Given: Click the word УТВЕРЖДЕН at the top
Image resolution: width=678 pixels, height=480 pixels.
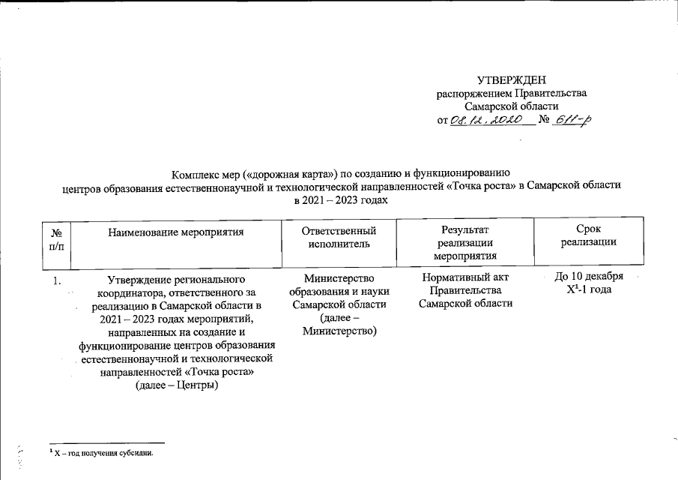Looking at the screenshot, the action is click(512, 79).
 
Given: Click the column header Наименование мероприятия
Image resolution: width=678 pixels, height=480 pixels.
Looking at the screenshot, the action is click(177, 232).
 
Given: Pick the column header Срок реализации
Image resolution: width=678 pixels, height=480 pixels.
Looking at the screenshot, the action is click(588, 235).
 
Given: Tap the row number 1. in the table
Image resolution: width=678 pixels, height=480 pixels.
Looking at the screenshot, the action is click(55, 280).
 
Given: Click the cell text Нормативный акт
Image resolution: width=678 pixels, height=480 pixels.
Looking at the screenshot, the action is click(465, 278).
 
